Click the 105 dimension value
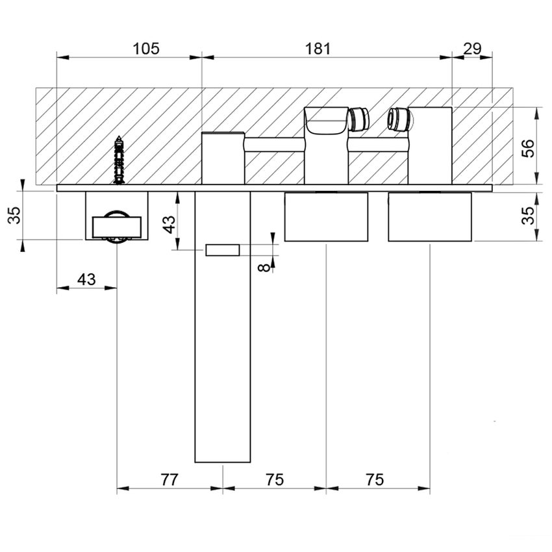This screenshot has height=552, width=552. pyautogui.click(x=145, y=49)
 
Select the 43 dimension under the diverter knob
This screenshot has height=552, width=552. pyautogui.click(x=86, y=279)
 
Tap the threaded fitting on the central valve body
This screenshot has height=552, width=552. pyautogui.click(x=358, y=119)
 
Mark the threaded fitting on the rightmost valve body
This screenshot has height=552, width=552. pyautogui.click(x=398, y=119)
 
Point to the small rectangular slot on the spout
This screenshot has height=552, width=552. pyautogui.click(x=223, y=250)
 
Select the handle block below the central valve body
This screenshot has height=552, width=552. pyautogui.click(x=326, y=217)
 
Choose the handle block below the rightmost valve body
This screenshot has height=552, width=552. pyautogui.click(x=429, y=217)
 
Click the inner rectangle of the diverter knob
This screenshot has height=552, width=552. pyautogui.click(x=117, y=228)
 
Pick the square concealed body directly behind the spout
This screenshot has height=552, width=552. pyautogui.click(x=223, y=158)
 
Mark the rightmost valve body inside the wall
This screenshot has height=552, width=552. pyautogui.click(x=430, y=146)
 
